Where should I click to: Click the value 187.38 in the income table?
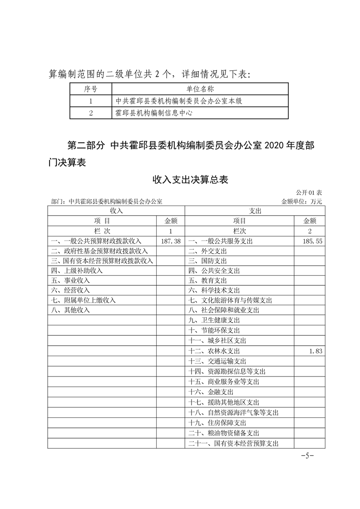pyautogui.click(x=171, y=241)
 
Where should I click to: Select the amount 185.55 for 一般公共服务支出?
pyautogui.click(x=312, y=241)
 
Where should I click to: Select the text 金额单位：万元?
pyautogui.click(x=302, y=201)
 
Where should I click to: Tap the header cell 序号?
pyautogui.click(x=91, y=89)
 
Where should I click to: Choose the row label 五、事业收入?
pyautogui.click(x=70, y=280)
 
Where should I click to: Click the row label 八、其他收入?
pyautogui.click(x=70, y=310)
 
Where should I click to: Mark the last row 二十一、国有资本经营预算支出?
pyautogui.click(x=233, y=443)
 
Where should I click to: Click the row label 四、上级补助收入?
pyautogui.click(x=77, y=270)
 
